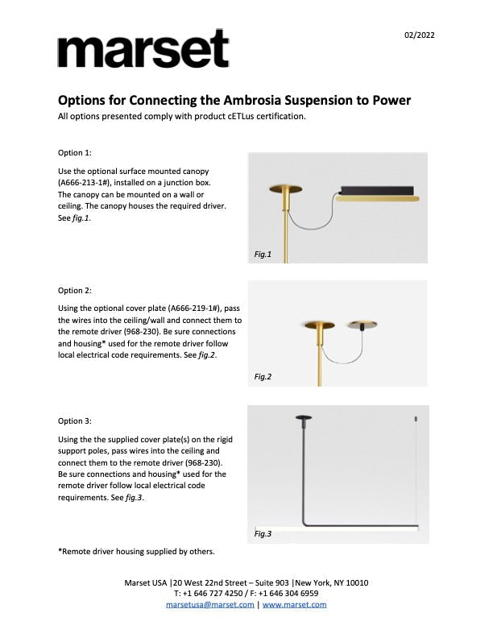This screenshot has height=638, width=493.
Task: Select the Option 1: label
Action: point(75,152)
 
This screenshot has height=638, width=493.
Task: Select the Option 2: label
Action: point(75,290)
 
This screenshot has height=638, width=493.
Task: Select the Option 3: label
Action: point(75,420)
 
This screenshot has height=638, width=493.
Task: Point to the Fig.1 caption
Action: point(263,255)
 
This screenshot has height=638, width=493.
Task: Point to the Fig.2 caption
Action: point(263,376)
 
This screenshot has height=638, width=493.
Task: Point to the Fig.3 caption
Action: point(263,534)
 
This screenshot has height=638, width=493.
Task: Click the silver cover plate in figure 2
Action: point(362,324)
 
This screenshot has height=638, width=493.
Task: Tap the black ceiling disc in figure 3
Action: point(304,418)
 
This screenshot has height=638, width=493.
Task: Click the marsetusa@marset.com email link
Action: point(209,604)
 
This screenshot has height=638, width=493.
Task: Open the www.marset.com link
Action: point(294,604)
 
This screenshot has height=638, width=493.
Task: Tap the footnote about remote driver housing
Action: point(136,552)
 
